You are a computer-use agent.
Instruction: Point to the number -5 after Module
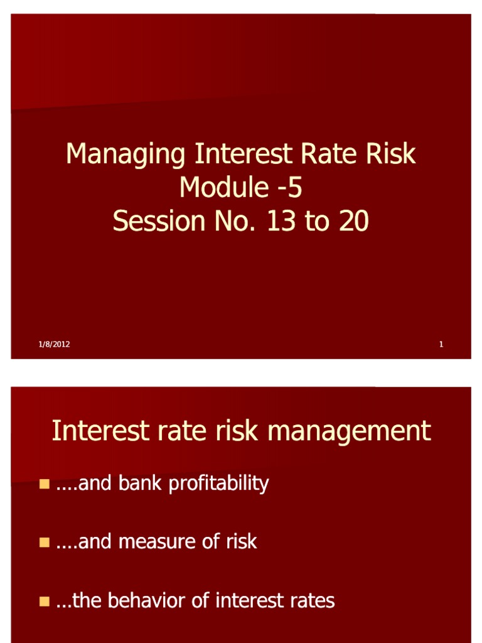click(288, 187)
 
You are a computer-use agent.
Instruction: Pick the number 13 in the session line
click(281, 221)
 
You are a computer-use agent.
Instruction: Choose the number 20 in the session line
click(353, 221)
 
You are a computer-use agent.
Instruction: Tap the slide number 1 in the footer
click(441, 344)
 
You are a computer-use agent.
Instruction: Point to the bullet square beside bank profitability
click(44, 484)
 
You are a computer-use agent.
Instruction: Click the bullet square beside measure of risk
click(44, 542)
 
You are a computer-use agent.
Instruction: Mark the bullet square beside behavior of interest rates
click(44, 601)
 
